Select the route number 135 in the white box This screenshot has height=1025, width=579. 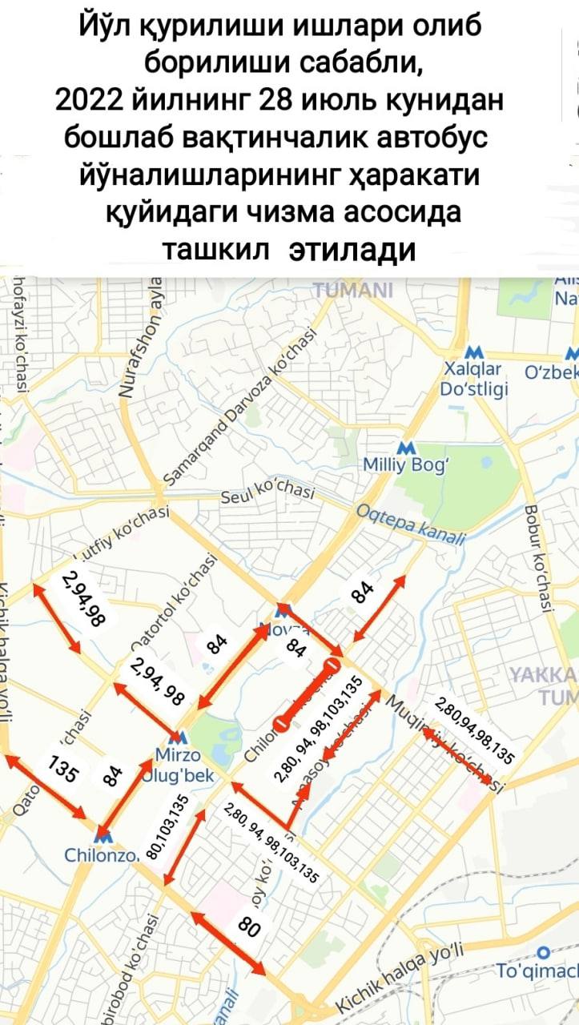coord(63,770)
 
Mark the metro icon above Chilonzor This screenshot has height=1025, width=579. coord(104,834)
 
